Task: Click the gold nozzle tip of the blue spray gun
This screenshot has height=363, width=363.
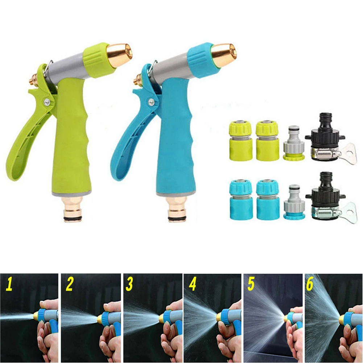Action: click(x=224, y=54)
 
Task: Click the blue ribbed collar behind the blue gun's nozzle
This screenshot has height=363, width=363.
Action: click(x=201, y=60)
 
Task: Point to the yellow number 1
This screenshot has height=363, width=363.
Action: click(x=9, y=285)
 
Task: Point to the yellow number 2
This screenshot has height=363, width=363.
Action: click(x=70, y=285)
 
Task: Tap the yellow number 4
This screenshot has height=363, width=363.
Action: click(x=193, y=285)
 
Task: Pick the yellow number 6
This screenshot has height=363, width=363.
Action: click(x=309, y=285)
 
